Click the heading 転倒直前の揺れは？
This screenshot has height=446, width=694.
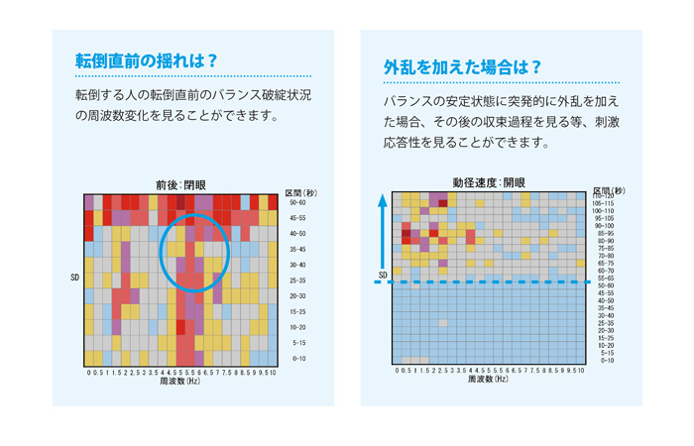pyautogui.click(x=146, y=59)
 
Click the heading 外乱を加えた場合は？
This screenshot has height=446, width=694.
pyautogui.click(x=463, y=67)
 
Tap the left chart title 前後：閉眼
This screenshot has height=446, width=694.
pyautogui.click(x=181, y=184)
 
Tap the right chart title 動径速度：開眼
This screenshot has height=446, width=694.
pyautogui.click(x=489, y=183)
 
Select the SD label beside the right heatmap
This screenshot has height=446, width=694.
pyautogui.click(x=384, y=275)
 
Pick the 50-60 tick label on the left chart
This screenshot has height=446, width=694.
pyautogui.click(x=297, y=202)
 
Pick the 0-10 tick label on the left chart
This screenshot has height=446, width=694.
pyautogui.click(x=297, y=358)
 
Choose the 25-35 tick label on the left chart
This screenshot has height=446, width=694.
pyautogui.click(x=297, y=280)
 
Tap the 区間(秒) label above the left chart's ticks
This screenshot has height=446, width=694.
pyautogui.click(x=300, y=192)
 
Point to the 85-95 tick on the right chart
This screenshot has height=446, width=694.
pyautogui.click(x=605, y=233)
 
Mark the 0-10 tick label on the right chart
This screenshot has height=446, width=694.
pyautogui.click(x=607, y=360)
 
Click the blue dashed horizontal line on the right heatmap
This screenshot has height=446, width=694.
pyautogui.click(x=496, y=282)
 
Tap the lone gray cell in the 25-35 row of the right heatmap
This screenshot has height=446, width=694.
pyautogui.click(x=442, y=323)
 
